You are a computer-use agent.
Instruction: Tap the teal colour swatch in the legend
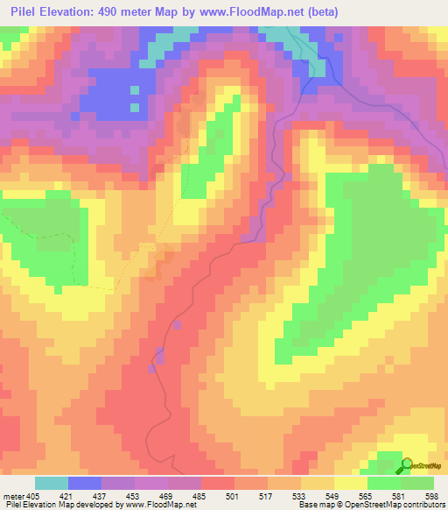pos(52,483)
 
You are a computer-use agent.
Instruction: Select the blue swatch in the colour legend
pos(85,483)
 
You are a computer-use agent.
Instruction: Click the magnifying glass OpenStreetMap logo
pos(407,464)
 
